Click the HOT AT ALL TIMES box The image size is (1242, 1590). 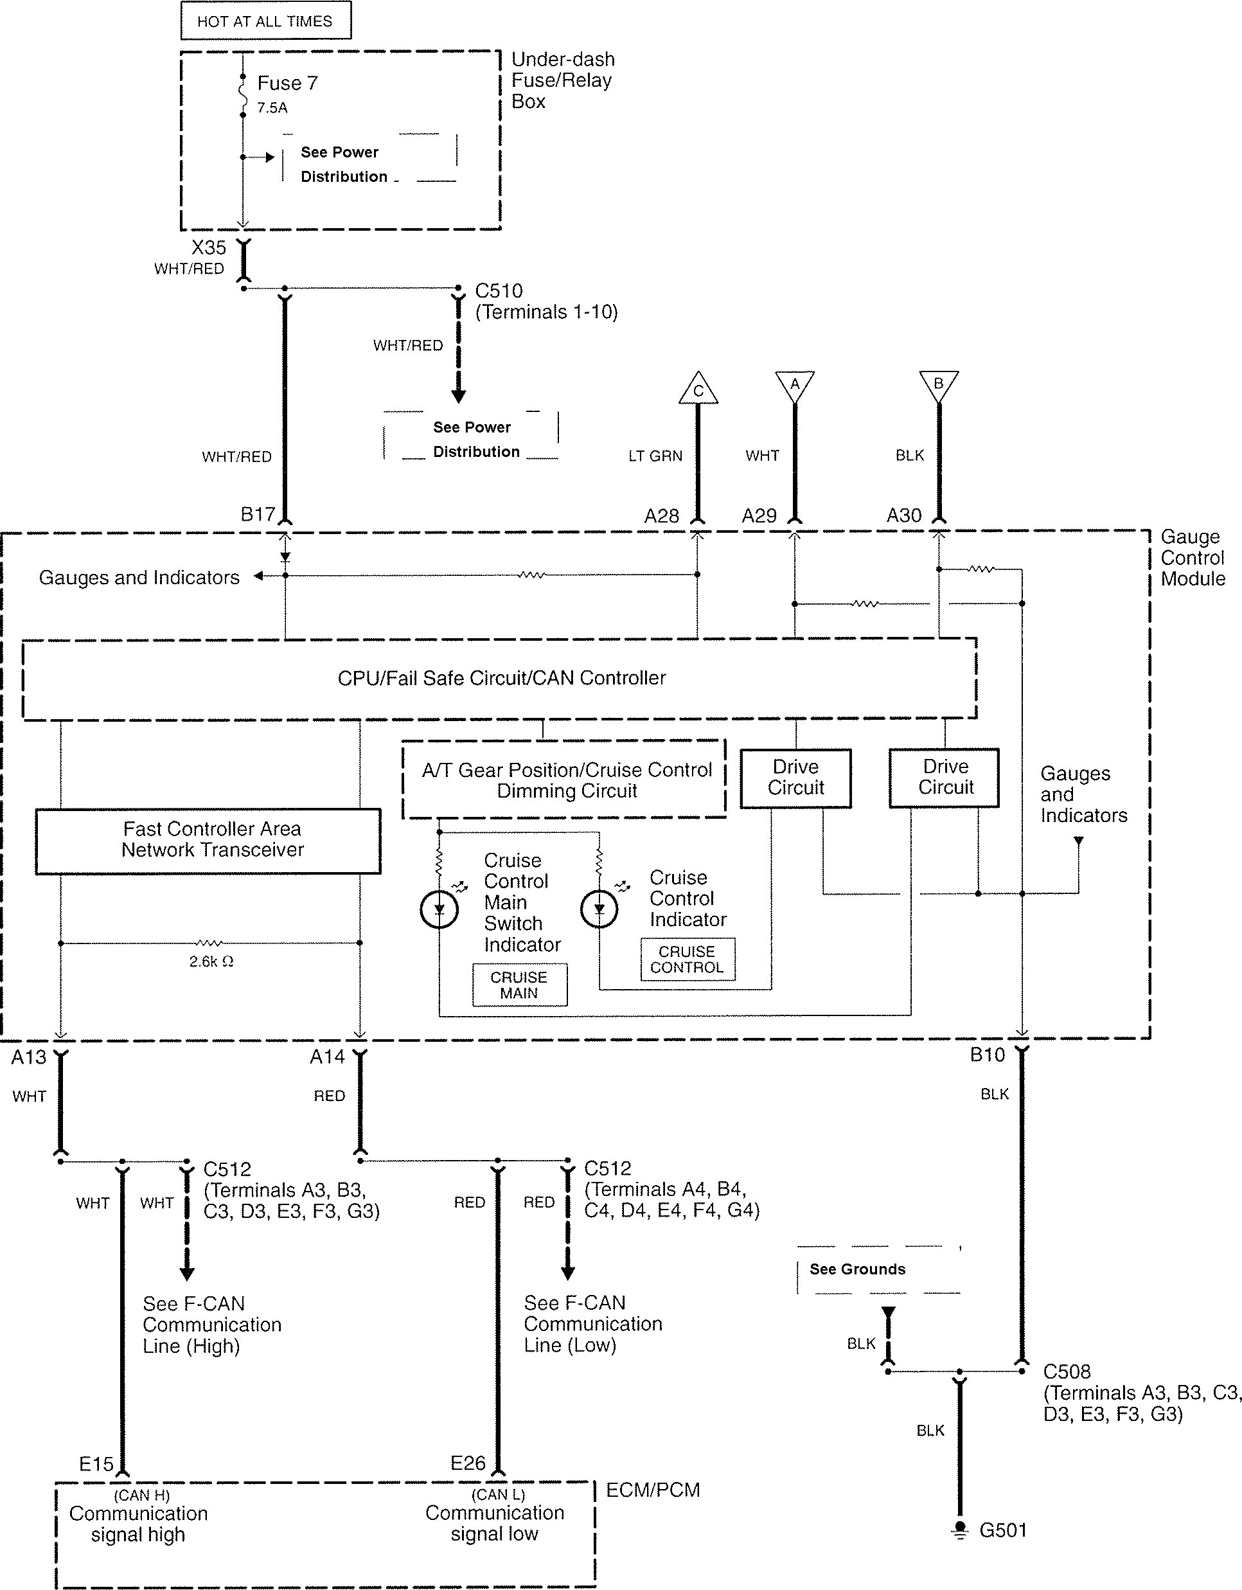pos(266,21)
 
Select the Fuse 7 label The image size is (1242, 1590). pos(288,83)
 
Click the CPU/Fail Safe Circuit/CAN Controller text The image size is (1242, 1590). pos(502,678)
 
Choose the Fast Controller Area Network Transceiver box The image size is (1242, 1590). pos(208,840)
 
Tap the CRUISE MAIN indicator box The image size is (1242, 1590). pos(519,985)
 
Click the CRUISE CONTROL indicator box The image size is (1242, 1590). pos(688,960)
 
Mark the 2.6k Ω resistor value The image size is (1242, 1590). pos(211,961)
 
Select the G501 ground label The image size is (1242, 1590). pos(1002,1530)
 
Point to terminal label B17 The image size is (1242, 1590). pos(258,515)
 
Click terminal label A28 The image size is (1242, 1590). pos(661,516)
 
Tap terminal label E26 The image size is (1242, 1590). pos(467,1463)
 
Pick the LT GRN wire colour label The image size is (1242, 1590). pos(655,456)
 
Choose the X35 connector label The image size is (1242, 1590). pos(208,247)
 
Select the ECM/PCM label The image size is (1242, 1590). pos(653,1490)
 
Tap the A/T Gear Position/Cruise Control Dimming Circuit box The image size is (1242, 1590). pos(564,780)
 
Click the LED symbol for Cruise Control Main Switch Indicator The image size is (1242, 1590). pos(439,909)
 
